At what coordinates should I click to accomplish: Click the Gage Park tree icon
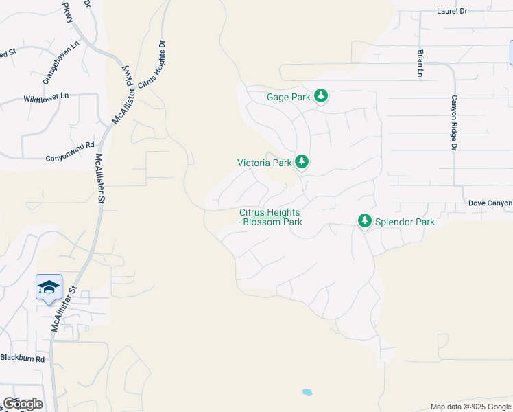321,97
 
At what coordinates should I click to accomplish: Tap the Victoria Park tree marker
301,163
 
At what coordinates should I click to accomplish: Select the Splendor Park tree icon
365,222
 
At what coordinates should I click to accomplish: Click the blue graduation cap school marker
49,287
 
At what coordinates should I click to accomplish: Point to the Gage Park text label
288,98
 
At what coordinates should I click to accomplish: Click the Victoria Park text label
265,163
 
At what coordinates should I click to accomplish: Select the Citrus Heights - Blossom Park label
271,218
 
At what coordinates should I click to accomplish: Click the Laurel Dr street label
452,11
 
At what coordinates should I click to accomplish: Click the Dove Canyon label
490,203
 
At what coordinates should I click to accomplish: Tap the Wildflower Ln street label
46,98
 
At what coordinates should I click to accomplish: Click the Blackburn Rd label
22,358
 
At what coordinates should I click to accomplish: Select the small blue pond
307,392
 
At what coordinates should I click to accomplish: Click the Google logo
23,404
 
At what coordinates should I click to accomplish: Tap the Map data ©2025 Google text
470,407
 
